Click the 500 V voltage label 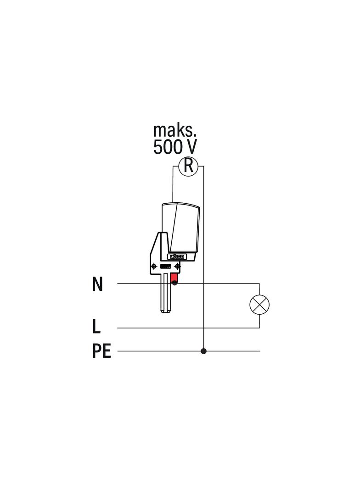pos(174,147)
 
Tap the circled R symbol pos(188,166)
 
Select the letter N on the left pos(97,284)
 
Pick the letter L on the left pos(96,327)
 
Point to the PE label pos(101,351)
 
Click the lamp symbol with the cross pos(259,305)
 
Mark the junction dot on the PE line pos(203,351)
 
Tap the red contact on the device pos(174,278)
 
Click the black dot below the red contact pos(174,283)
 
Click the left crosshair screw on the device pos(153,266)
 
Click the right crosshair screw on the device pos(178,266)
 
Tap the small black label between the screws pos(165,266)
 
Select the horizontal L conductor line pos(184,328)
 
